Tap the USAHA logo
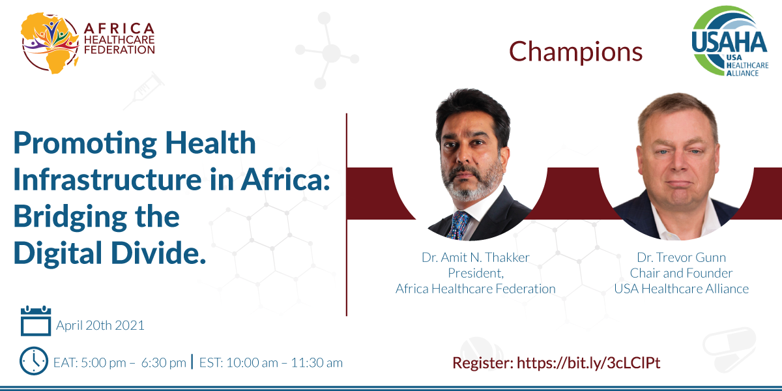(x=730, y=41)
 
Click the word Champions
(x=575, y=51)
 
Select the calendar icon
(x=36, y=321)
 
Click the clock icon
(x=34, y=361)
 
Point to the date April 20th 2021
(x=100, y=325)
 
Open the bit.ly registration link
(x=588, y=363)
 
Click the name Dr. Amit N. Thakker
(x=476, y=257)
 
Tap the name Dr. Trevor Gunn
(x=681, y=257)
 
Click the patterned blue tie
(x=458, y=225)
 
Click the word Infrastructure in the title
(x=108, y=179)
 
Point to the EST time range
(x=271, y=363)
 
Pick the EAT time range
(x=120, y=363)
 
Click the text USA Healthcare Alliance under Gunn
(x=682, y=289)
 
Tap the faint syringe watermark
(x=144, y=91)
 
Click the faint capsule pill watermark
(x=730, y=349)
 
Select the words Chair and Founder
(x=681, y=273)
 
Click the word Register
(x=483, y=363)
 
